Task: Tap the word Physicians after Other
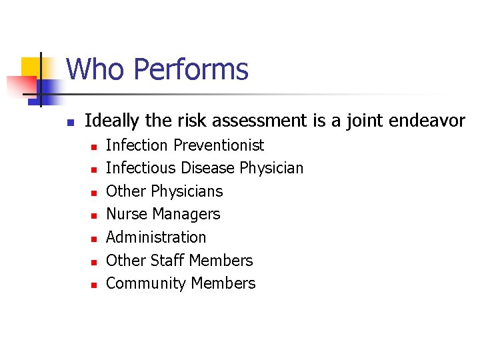[187, 191]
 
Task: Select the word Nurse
[127, 214]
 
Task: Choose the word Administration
[156, 237]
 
